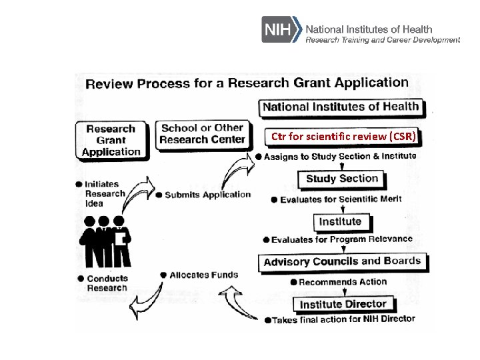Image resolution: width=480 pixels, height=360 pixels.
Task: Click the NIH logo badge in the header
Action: (x=281, y=30)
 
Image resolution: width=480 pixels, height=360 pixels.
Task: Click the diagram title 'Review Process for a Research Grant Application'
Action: (x=247, y=83)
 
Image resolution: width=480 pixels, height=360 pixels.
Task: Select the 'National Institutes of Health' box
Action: (x=341, y=107)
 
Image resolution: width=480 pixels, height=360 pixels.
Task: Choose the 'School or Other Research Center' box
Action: (x=203, y=133)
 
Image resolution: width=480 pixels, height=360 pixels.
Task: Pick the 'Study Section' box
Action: (x=341, y=179)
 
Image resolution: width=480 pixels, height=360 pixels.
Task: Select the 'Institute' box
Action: (x=340, y=221)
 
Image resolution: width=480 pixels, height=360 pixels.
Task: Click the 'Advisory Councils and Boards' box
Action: (x=342, y=261)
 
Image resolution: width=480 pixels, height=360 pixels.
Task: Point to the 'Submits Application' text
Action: (x=207, y=195)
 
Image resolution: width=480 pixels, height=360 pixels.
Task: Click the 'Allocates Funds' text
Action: (x=203, y=275)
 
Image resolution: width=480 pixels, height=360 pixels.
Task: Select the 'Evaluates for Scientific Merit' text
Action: (x=341, y=199)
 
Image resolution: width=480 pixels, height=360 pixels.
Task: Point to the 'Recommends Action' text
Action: (x=343, y=282)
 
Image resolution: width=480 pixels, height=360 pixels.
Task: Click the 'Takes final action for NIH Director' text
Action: (x=343, y=319)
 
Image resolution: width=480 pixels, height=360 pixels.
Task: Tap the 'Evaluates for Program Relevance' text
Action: (x=341, y=239)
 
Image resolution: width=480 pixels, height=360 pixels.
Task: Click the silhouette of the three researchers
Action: (x=104, y=241)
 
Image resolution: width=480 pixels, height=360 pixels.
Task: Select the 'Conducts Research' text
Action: (x=107, y=283)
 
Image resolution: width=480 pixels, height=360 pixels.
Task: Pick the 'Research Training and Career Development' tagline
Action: (x=383, y=40)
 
